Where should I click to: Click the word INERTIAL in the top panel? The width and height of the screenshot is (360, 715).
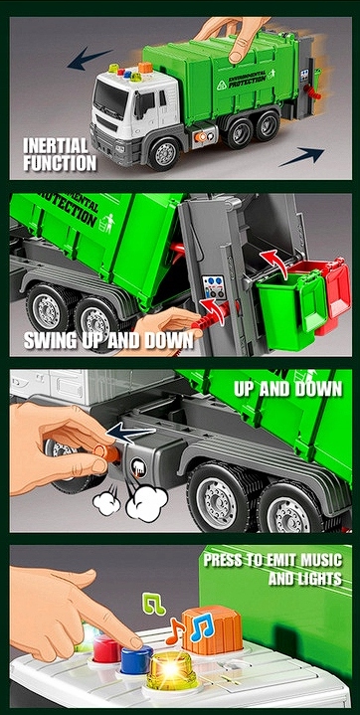(56, 146)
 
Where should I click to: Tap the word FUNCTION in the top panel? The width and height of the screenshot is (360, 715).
(60, 163)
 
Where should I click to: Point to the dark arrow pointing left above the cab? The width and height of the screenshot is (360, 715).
(89, 59)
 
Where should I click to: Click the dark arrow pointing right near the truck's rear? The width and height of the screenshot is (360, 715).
(301, 156)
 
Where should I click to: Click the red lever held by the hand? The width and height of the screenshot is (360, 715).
(214, 317)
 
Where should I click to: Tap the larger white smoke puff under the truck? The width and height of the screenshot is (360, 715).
(146, 502)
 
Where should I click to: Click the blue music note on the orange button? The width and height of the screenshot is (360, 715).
(202, 627)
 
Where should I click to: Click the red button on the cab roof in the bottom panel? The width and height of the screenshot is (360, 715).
(108, 648)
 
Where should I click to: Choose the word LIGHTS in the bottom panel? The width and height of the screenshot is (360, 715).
(317, 578)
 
